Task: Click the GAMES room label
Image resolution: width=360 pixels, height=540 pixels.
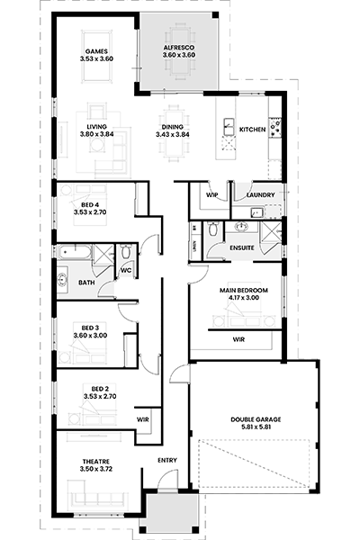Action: click(x=96, y=51)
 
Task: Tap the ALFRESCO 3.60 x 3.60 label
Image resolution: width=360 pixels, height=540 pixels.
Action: click(x=179, y=51)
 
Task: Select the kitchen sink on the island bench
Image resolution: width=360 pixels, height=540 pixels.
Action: click(x=229, y=127)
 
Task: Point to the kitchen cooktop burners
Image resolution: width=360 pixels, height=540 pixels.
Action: click(x=275, y=127)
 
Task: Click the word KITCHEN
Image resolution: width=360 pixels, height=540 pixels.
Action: click(x=253, y=130)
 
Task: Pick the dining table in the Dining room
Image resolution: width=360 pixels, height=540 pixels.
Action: click(x=174, y=132)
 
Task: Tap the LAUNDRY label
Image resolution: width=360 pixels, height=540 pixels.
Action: click(x=261, y=195)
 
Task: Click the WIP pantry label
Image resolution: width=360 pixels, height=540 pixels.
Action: click(x=211, y=195)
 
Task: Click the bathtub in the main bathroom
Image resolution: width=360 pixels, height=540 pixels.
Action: click(x=75, y=252)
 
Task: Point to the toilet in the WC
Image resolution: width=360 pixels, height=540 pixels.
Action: click(x=126, y=252)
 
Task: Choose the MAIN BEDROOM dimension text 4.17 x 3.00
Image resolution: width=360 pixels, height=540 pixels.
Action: click(x=244, y=298)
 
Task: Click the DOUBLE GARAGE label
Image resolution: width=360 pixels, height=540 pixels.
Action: click(x=256, y=419)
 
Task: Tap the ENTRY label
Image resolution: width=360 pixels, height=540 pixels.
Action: click(x=167, y=460)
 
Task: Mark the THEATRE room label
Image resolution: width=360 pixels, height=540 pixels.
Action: click(x=96, y=462)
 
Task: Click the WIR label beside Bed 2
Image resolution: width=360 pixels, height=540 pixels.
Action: click(x=142, y=419)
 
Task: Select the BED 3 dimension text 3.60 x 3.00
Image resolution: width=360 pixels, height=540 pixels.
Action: click(x=90, y=336)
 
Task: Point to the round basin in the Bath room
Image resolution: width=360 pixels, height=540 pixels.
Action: click(x=62, y=280)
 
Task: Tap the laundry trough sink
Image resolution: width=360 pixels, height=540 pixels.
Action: click(x=256, y=212)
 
